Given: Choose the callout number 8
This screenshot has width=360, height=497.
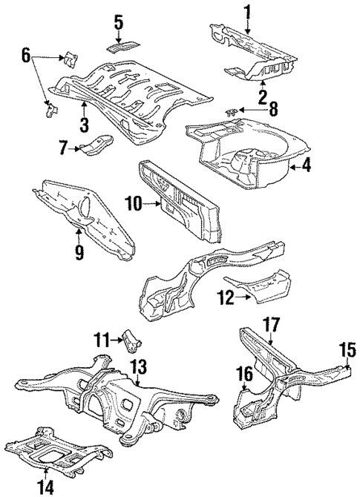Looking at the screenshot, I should click(273, 110).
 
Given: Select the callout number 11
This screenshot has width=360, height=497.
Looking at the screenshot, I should click(102, 340).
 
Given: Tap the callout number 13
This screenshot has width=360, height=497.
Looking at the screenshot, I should click(139, 366).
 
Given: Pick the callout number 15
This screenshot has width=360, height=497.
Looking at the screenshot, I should click(347, 349).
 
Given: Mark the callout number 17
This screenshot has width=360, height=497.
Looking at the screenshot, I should click(271, 324).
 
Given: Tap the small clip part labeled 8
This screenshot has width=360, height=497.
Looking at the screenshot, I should click(233, 111).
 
